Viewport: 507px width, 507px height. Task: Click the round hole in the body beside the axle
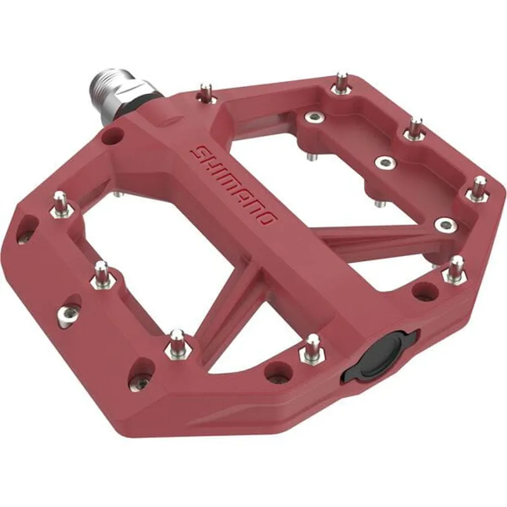(x=114, y=134)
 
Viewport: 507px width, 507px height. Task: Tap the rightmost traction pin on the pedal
(x=480, y=188)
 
